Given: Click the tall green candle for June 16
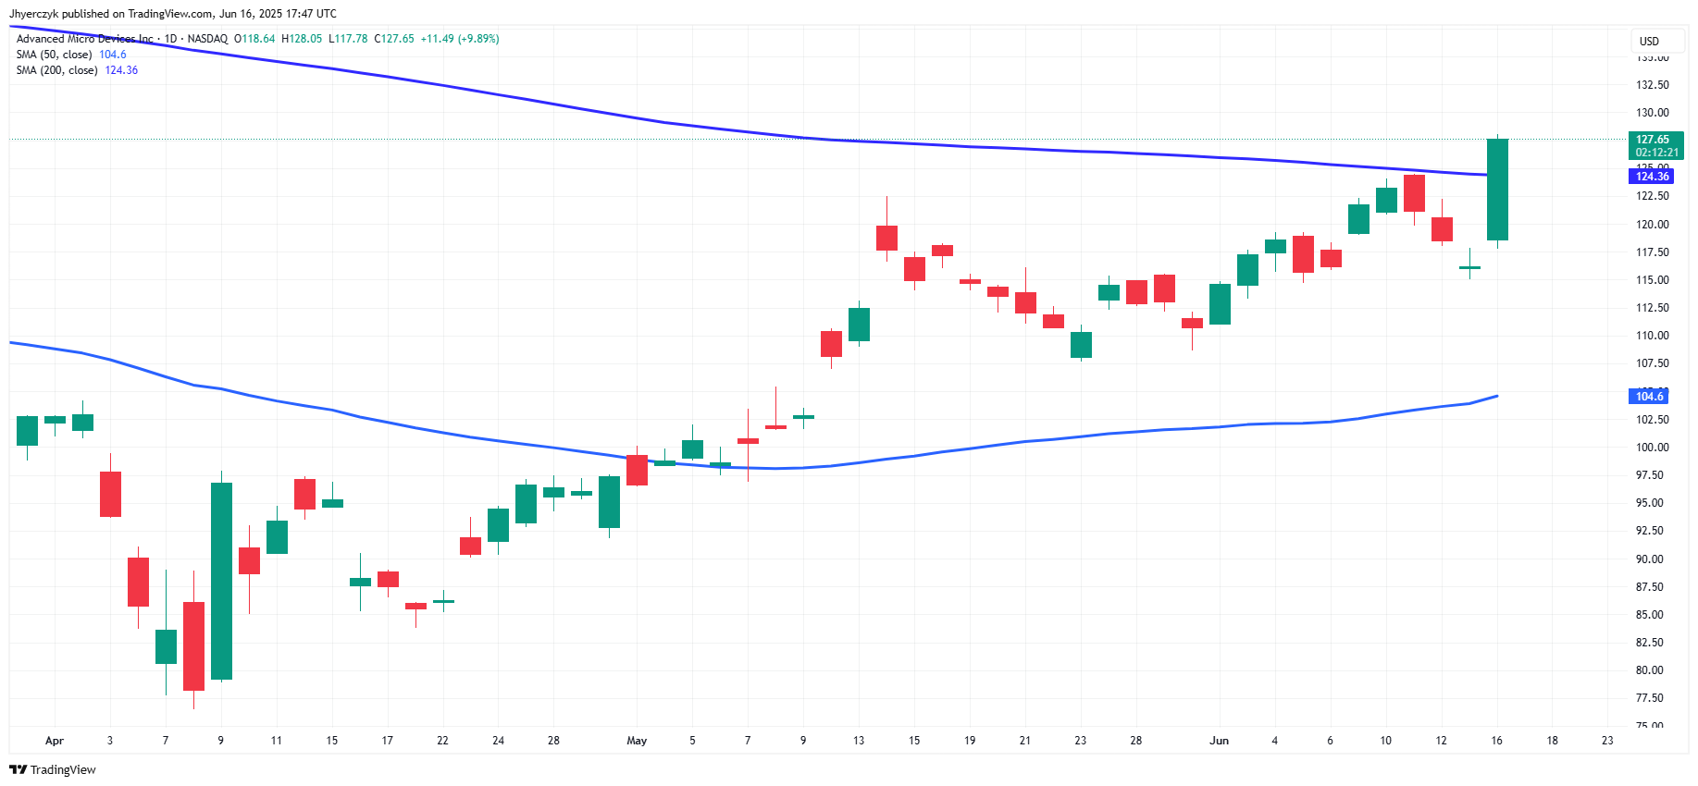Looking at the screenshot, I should click(1497, 190).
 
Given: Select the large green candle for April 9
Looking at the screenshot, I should click(221, 581).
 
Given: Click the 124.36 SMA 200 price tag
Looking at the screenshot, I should click(1652, 177).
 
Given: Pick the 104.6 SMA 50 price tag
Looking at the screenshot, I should click(1649, 397).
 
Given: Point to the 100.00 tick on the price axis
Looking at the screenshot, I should click(1652, 448).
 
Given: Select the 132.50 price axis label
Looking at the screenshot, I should click(1652, 85).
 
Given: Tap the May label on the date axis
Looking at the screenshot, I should click(637, 741).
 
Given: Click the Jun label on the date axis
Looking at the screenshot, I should click(1219, 741).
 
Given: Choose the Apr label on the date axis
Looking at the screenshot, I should click(55, 741).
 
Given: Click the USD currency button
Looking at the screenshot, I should click(1649, 42).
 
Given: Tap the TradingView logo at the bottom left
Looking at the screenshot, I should click(53, 769).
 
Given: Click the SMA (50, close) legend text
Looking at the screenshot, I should click(54, 55).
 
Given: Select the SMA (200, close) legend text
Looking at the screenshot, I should click(56, 70).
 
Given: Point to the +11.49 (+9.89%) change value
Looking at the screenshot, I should click(460, 39).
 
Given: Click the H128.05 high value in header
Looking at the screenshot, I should click(302, 39).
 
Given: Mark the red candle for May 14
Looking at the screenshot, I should click(886, 238).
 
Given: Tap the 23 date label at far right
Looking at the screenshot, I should click(1607, 741).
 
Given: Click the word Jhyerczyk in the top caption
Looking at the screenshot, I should click(34, 14).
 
